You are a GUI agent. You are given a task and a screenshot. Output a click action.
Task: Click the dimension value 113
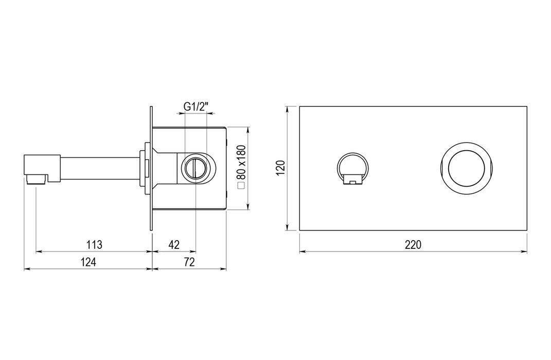point(95,244)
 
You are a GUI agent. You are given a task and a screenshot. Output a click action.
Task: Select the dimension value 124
point(88,262)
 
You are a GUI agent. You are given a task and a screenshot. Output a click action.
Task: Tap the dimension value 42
point(174,244)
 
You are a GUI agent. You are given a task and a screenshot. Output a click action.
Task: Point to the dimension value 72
point(189,262)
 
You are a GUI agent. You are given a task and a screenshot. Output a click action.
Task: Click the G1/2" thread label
point(196,106)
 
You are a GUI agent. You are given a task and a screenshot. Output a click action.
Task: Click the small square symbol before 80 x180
point(241,186)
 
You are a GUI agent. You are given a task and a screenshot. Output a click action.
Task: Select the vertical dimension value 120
point(281,168)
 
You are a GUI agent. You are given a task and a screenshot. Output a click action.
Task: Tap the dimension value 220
point(413,244)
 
